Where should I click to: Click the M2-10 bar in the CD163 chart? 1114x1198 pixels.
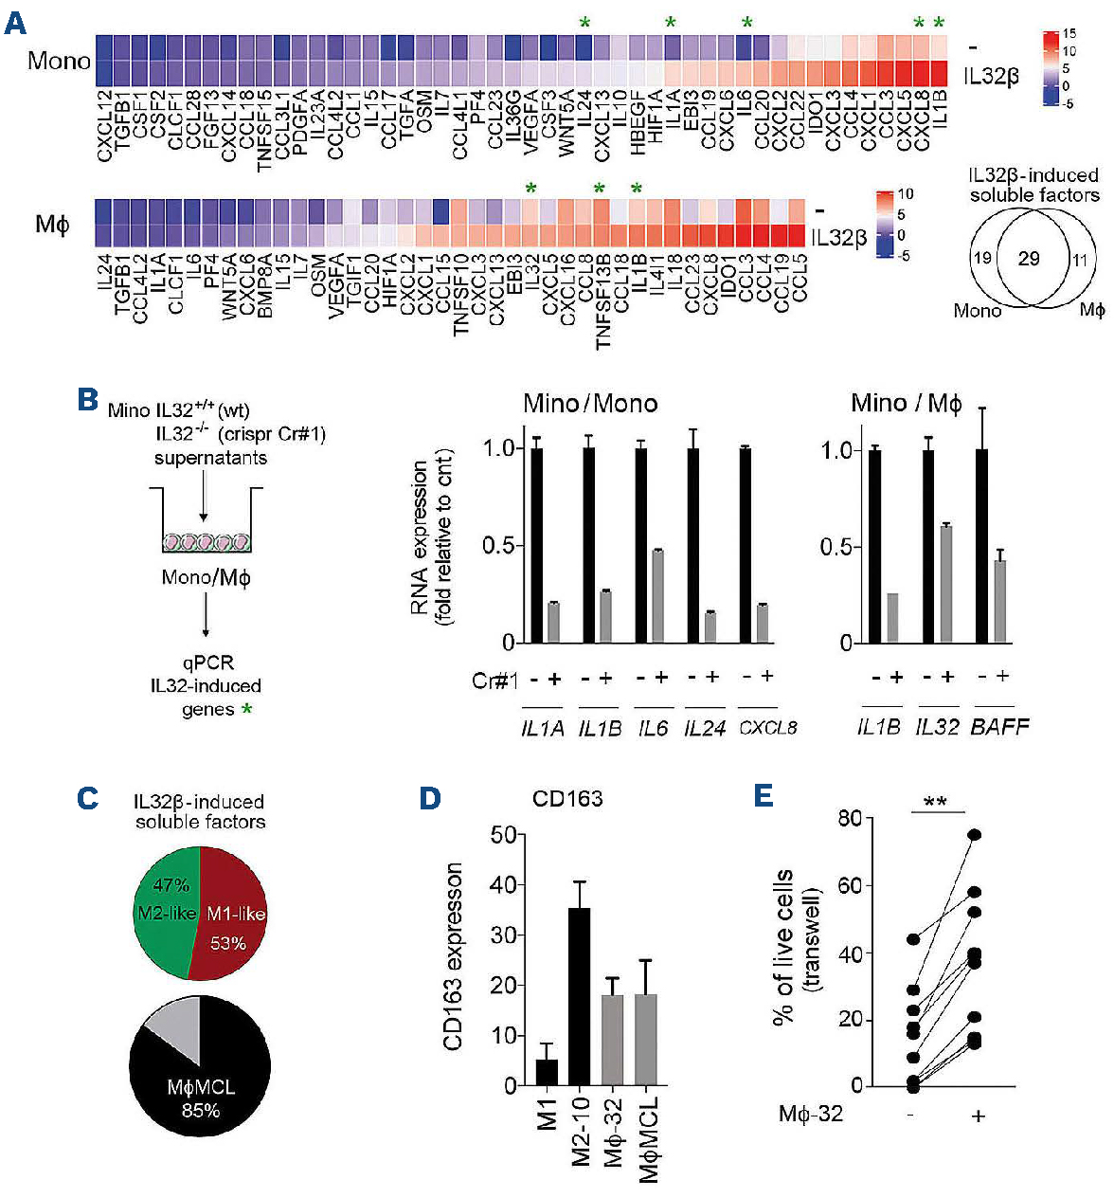(579, 995)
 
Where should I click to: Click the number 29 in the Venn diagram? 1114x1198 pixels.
(1029, 258)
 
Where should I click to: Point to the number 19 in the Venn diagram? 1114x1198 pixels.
(982, 258)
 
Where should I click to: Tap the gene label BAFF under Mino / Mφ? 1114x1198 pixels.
(999, 727)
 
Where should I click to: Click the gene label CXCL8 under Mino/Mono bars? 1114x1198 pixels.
(767, 728)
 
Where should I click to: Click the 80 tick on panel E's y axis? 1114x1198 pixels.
(850, 818)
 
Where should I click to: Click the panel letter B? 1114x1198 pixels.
(87, 400)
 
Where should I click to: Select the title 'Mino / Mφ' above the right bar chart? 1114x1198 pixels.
(906, 404)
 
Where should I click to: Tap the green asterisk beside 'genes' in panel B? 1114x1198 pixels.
(247, 709)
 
